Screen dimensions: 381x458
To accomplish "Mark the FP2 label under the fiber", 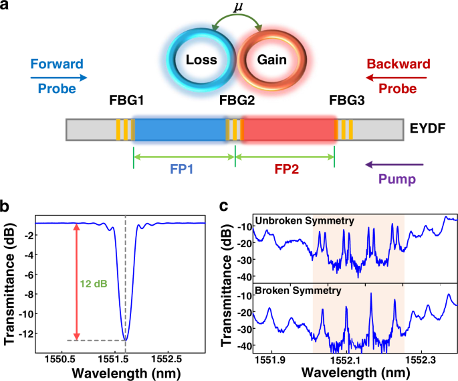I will (x=284, y=170).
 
